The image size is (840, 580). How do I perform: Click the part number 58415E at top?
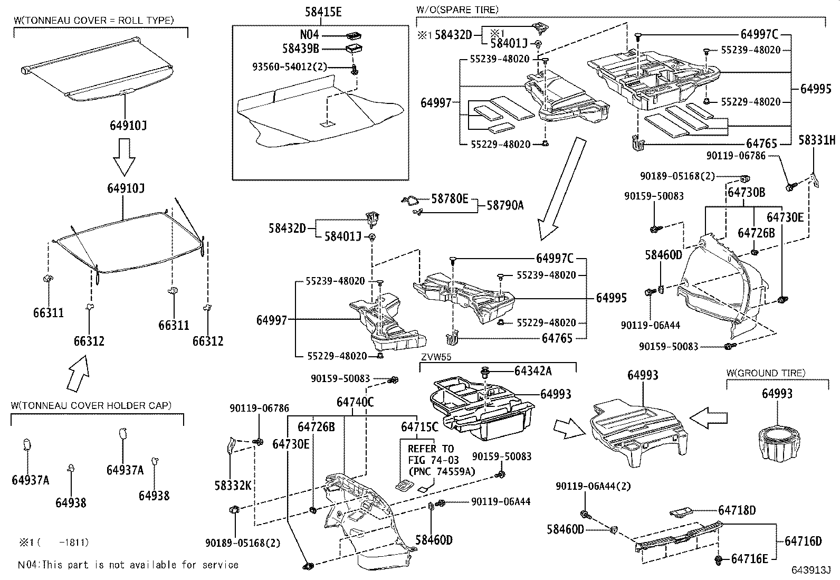click(323, 12)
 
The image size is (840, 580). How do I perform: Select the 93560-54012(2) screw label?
click(290, 67)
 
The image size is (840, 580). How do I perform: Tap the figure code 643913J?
click(810, 571)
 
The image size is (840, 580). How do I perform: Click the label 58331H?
click(816, 140)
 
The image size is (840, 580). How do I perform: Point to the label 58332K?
click(233, 484)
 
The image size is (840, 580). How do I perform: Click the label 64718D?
click(737, 510)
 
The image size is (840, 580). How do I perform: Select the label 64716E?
click(753, 558)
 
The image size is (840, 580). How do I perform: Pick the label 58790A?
click(504, 205)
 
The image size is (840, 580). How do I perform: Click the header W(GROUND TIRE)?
click(766, 373)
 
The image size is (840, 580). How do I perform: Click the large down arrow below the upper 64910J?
click(125, 157)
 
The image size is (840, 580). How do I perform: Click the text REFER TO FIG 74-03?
click(431, 454)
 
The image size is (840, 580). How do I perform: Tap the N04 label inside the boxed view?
click(309, 35)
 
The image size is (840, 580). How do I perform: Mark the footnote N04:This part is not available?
click(128, 565)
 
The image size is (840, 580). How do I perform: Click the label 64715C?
click(419, 426)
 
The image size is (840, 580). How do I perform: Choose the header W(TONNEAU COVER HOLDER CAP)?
click(91, 405)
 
